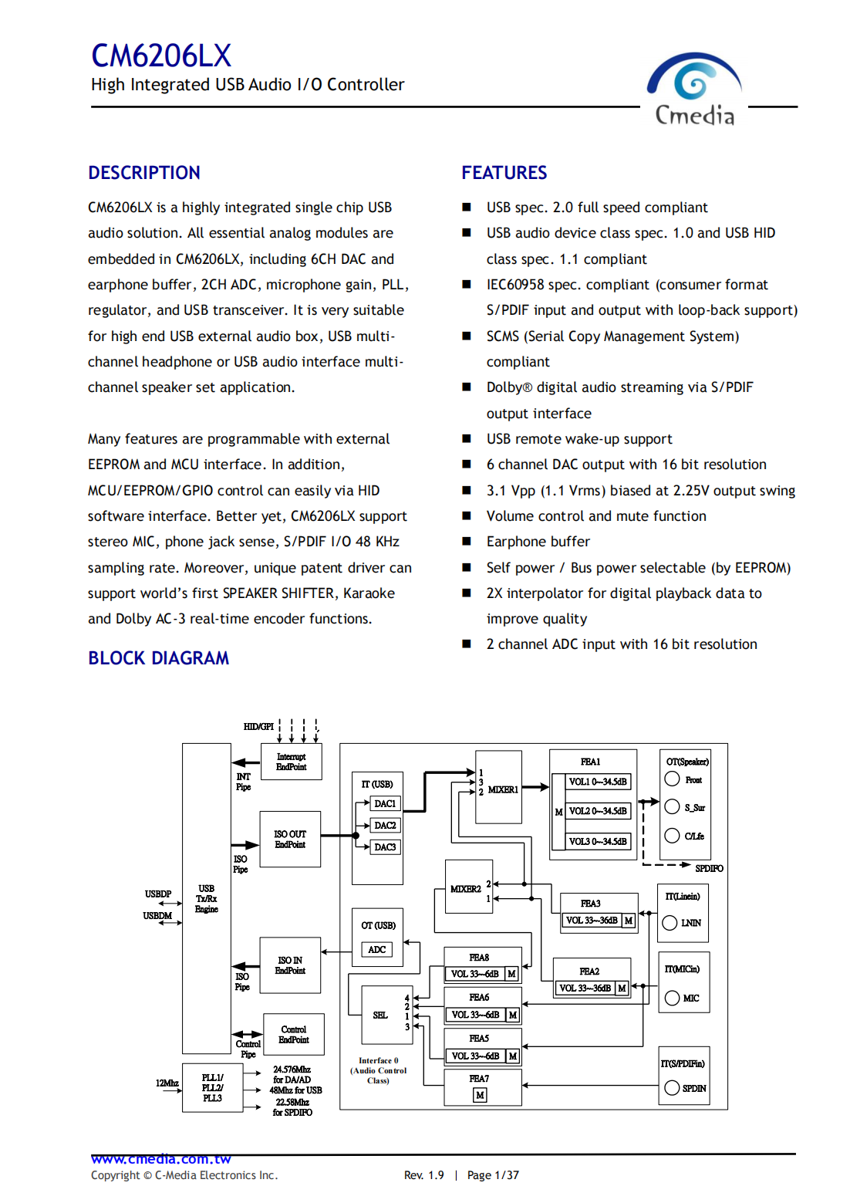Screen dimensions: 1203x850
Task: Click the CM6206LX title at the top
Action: click(x=161, y=56)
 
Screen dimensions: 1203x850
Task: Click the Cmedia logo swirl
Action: click(x=693, y=80)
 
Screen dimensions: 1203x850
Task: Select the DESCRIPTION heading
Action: click(x=144, y=173)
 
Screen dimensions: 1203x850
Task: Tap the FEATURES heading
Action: click(x=504, y=173)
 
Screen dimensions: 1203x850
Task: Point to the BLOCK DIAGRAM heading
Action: click(x=158, y=658)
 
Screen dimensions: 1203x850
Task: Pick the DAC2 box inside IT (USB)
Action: click(x=385, y=826)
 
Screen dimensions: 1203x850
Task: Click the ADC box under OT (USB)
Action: click(x=377, y=950)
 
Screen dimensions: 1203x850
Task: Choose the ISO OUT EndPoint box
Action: click(x=290, y=839)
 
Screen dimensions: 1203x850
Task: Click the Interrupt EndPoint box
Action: click(x=291, y=762)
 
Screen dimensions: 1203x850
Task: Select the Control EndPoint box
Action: click(x=293, y=1034)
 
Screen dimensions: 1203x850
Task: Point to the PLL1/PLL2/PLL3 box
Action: click(x=212, y=1087)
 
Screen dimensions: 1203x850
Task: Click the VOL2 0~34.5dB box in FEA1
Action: click(x=599, y=811)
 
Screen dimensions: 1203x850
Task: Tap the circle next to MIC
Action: click(x=672, y=998)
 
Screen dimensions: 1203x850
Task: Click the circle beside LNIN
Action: click(x=670, y=923)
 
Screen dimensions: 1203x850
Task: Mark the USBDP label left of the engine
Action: click(x=158, y=894)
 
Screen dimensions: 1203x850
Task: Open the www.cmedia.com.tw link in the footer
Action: click(x=161, y=1159)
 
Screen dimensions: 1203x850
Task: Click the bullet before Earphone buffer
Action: click(x=467, y=542)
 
